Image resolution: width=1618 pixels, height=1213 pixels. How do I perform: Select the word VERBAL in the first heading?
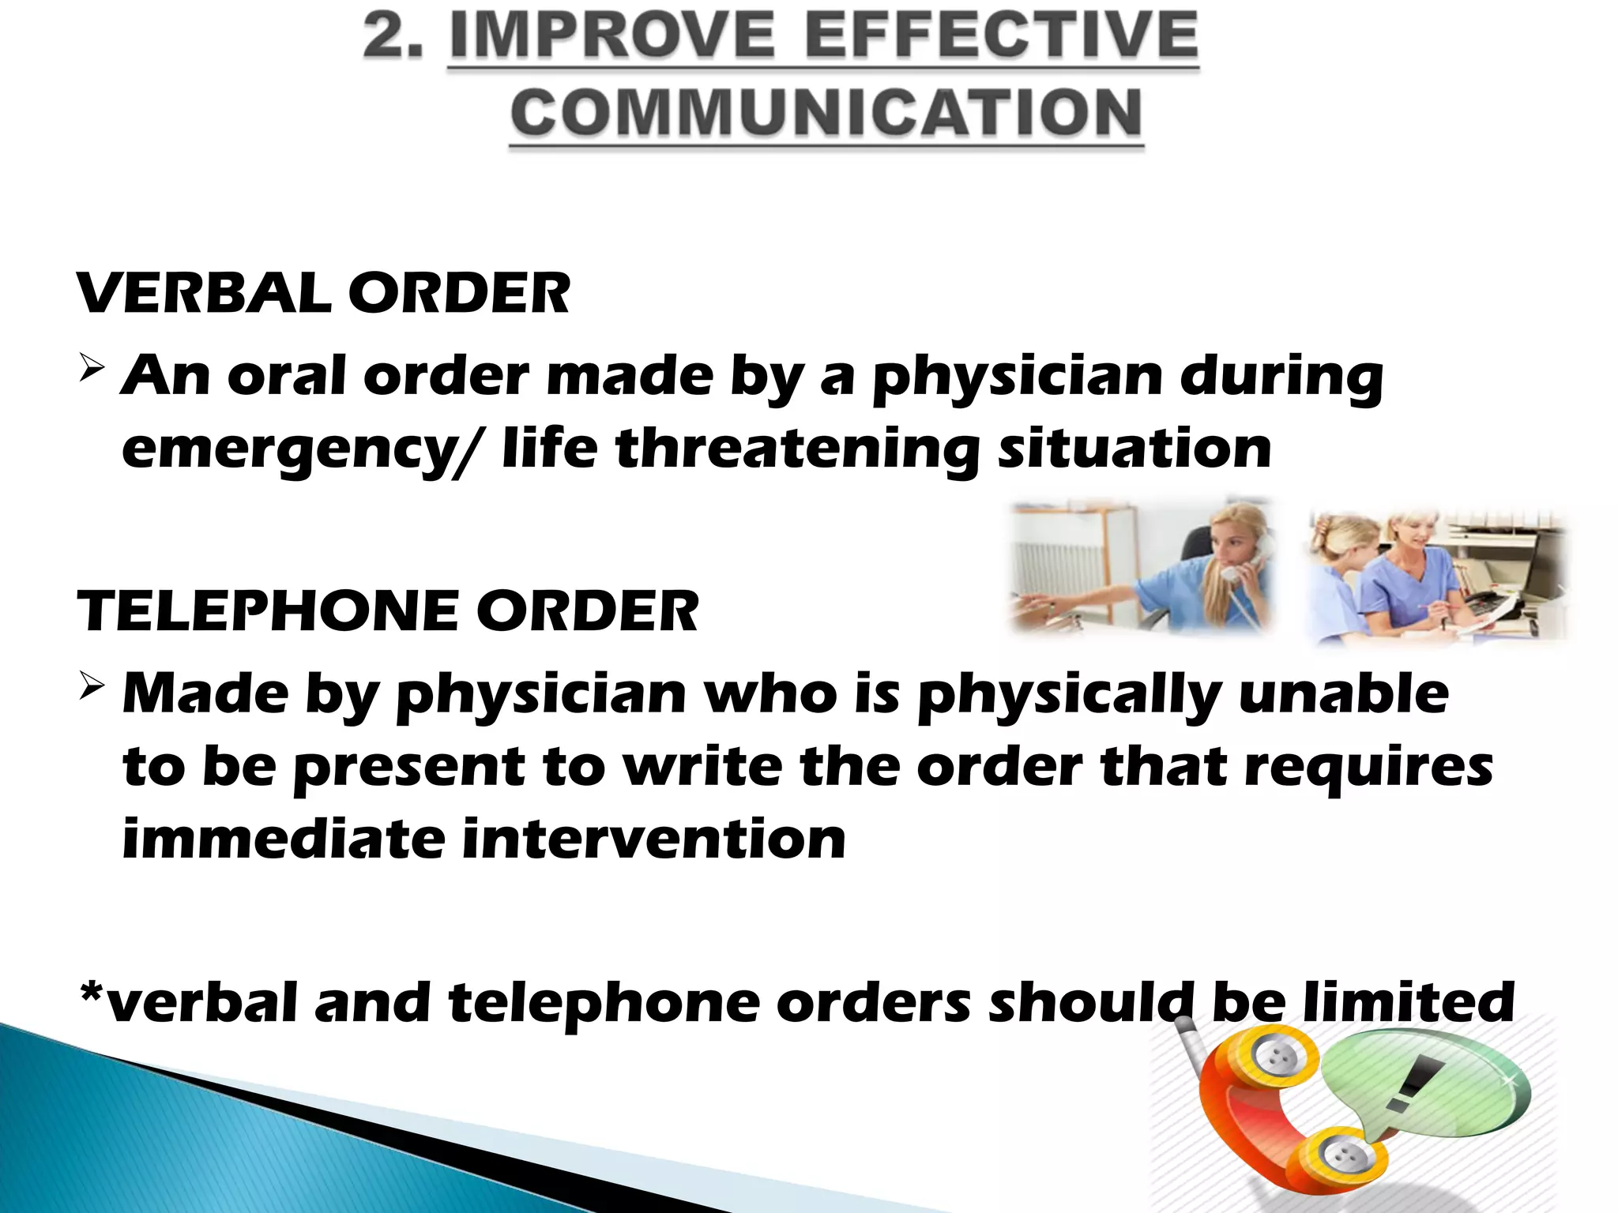click(x=205, y=294)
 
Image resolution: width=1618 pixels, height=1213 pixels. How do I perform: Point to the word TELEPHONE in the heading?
click(x=268, y=612)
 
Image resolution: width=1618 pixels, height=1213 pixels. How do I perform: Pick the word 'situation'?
click(x=1134, y=449)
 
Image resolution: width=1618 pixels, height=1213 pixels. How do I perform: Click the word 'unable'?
click(x=1343, y=694)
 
